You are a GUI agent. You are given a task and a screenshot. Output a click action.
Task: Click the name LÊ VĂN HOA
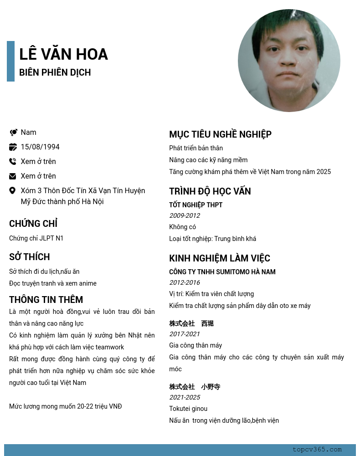point(63,54)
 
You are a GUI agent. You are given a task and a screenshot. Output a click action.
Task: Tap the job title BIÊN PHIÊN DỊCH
point(55,72)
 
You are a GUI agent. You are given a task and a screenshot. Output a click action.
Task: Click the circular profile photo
point(289,61)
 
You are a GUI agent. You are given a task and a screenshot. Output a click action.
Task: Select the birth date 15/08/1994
point(40,147)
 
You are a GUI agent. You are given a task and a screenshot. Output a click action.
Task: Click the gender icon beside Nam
point(13,132)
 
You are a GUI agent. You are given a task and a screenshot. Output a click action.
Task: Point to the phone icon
point(13,161)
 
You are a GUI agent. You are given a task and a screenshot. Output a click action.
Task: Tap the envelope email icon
point(13,176)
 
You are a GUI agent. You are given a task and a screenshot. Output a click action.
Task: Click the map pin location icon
point(13,190)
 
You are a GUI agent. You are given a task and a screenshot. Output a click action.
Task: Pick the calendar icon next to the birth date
point(13,147)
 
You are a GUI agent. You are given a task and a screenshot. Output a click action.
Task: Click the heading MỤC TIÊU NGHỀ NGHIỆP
point(220,134)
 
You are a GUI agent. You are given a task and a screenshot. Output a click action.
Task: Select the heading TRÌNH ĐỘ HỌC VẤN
point(210,191)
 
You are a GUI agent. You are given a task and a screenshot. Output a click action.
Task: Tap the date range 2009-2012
point(185,215)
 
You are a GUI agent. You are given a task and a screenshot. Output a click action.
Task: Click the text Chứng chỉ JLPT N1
point(36,238)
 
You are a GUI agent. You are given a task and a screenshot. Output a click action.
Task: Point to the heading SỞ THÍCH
point(30,257)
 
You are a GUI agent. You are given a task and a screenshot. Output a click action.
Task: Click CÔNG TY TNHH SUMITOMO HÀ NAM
point(222,272)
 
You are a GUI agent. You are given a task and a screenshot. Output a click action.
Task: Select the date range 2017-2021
point(185,334)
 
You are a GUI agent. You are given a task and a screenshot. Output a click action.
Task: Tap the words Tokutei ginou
point(188,409)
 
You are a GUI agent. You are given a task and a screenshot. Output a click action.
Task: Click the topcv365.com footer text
point(317,450)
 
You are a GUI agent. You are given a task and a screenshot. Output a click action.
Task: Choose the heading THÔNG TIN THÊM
point(46,300)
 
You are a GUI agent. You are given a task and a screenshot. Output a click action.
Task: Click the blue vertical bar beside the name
point(10,61)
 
